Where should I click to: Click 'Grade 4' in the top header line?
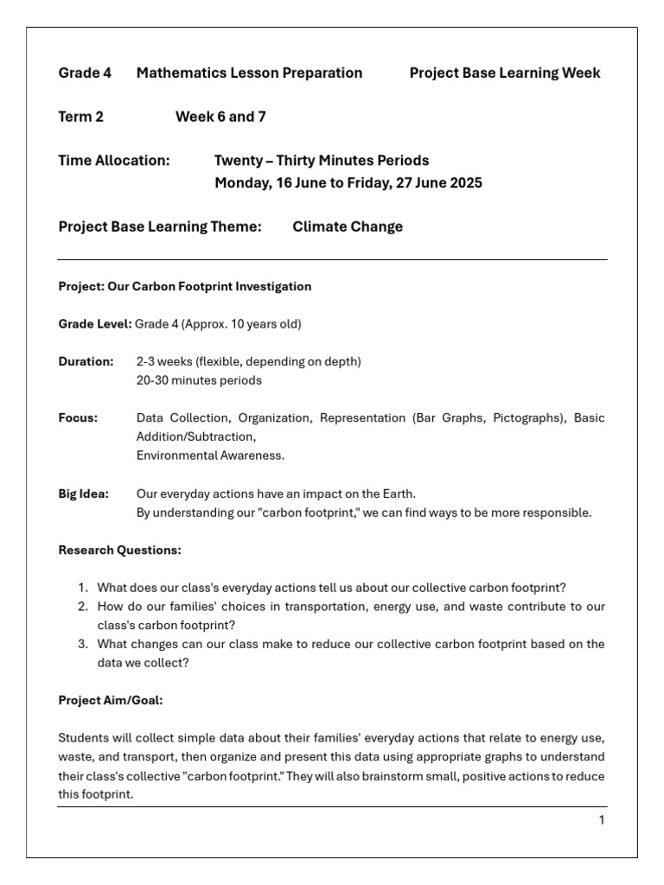click(85, 73)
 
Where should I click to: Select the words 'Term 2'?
click(80, 117)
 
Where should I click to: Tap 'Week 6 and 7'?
click(220, 117)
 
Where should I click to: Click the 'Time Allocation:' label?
click(114, 161)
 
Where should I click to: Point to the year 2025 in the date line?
click(464, 183)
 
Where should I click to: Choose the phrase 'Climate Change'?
click(348, 227)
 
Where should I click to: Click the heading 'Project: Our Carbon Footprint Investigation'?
click(184, 286)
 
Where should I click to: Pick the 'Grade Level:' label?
click(94, 324)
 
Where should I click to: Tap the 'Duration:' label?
click(86, 361)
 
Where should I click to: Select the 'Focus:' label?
click(78, 418)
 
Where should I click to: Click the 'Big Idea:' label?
click(83, 494)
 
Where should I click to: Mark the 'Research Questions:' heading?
click(119, 550)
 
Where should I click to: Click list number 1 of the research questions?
click(83, 589)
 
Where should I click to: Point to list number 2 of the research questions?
click(83, 608)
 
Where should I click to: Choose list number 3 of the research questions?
click(83, 645)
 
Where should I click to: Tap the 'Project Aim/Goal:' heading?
click(110, 701)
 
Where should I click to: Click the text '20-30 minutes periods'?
click(199, 380)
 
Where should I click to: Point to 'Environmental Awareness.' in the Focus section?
click(210, 455)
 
